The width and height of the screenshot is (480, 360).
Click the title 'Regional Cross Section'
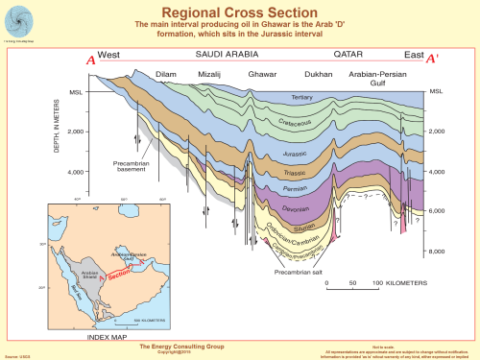[239, 11]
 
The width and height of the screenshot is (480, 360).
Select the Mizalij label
[209, 74]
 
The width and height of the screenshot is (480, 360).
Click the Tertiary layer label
[302, 98]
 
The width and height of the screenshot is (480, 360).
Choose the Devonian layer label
[293, 204]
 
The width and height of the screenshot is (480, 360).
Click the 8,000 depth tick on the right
[436, 251]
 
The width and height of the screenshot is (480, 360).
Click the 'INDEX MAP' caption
[108, 337]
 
